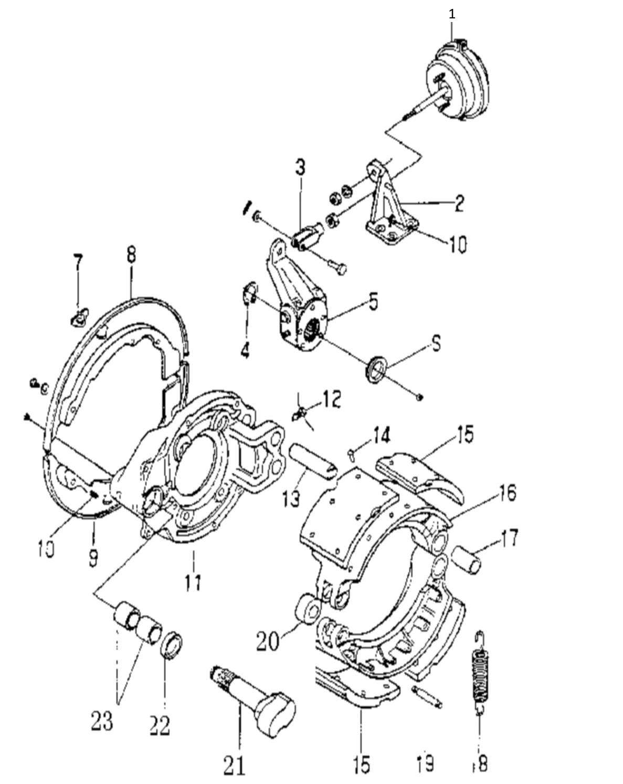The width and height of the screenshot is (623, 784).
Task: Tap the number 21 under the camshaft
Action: coord(235,766)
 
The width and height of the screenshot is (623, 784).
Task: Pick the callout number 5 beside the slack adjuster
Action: coord(373,304)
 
